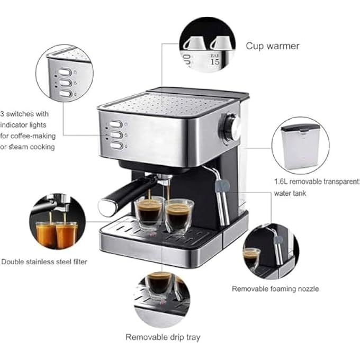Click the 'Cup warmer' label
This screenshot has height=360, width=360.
[272, 46]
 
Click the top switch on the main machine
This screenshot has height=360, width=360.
[116, 124]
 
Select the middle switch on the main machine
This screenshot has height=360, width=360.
[116, 135]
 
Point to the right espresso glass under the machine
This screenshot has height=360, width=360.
[179, 216]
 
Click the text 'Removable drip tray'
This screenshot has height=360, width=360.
[163, 337]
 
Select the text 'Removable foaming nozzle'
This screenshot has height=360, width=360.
[275, 289]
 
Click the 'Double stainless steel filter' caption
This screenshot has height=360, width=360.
[44, 262]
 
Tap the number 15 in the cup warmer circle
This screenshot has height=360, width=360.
[214, 61]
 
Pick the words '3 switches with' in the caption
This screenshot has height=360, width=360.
[24, 114]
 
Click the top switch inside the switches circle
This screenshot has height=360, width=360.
[65, 73]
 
